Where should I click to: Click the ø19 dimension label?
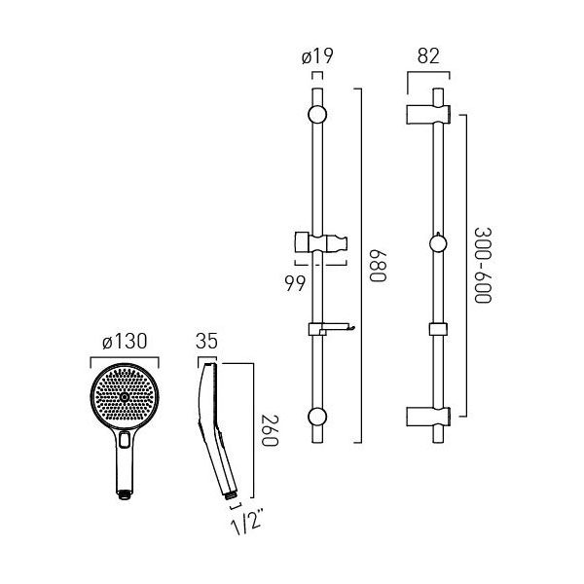pyautogui.click(x=317, y=56)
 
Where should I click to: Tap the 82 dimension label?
pyautogui.click(x=428, y=56)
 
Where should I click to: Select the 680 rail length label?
pyautogui.click(x=379, y=266)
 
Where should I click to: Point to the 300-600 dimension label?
pyautogui.click(x=484, y=265)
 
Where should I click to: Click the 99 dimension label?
pyautogui.click(x=295, y=283)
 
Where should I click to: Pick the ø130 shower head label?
pyautogui.click(x=125, y=341)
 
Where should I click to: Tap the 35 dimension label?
pyautogui.click(x=206, y=341)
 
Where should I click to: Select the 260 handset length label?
pyautogui.click(x=270, y=430)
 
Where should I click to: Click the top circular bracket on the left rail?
pyautogui.click(x=317, y=114)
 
